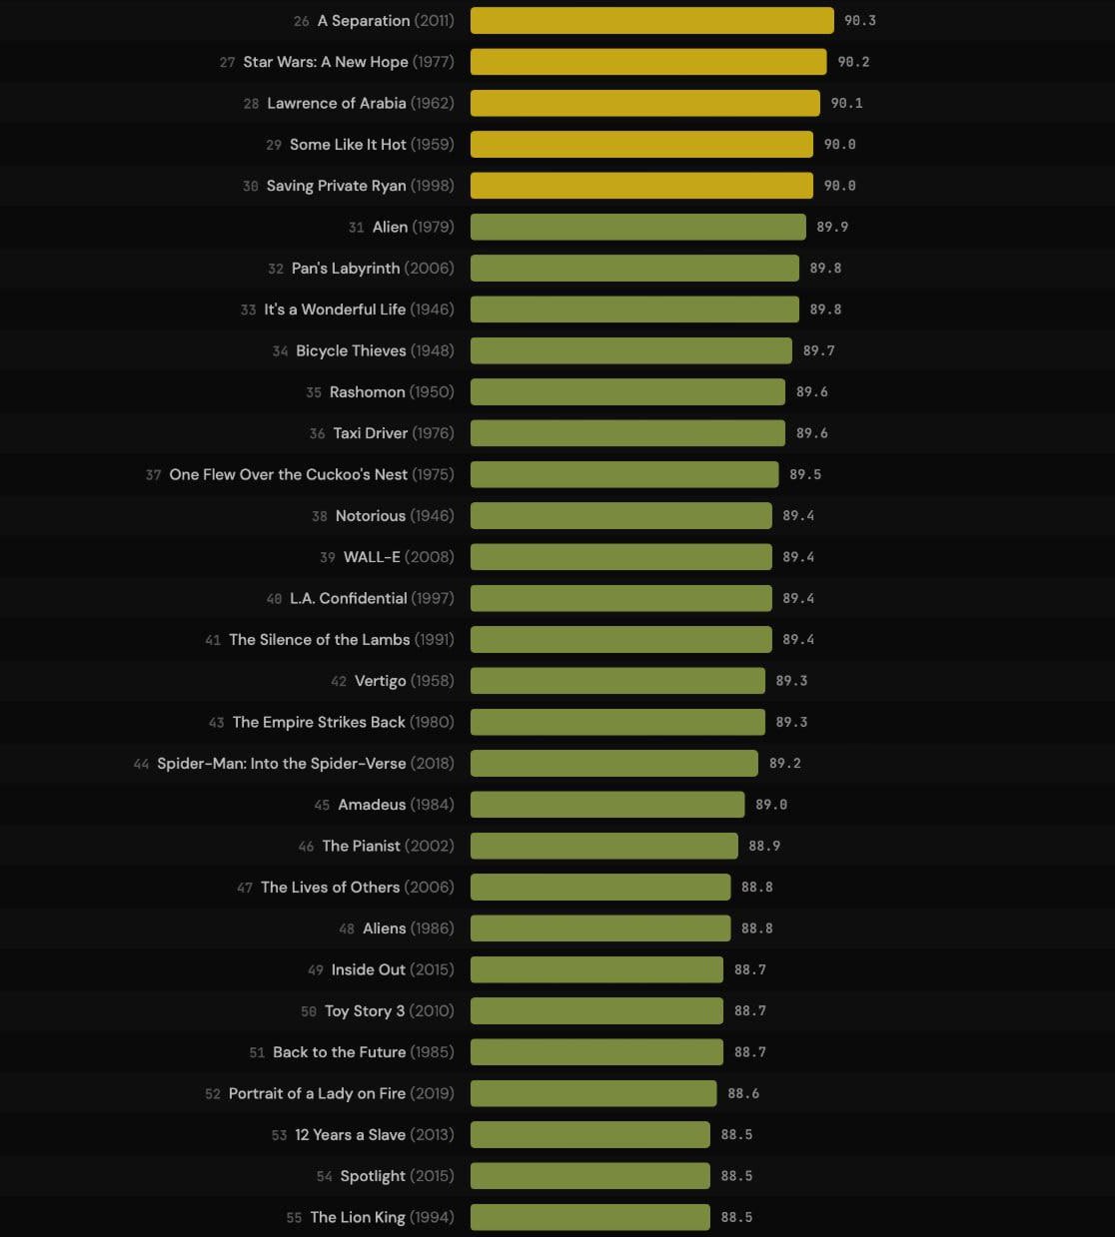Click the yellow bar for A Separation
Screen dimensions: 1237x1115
click(651, 21)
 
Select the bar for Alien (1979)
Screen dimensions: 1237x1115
click(637, 228)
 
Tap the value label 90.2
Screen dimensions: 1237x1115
click(853, 62)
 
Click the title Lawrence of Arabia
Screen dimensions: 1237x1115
click(336, 104)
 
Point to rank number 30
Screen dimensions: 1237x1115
click(251, 187)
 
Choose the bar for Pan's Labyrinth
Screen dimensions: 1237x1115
click(634, 269)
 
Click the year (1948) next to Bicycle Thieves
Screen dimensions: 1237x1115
click(432, 351)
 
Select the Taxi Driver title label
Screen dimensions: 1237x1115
click(370, 433)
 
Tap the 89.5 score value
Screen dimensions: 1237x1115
click(805, 475)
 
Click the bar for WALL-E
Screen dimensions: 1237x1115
click(620, 557)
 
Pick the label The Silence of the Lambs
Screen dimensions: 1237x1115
click(319, 640)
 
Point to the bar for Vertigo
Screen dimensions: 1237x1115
click(617, 681)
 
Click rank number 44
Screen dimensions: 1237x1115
click(141, 765)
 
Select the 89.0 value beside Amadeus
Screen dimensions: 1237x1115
click(771, 805)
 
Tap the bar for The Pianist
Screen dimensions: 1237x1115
click(603, 846)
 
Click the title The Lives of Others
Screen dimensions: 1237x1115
click(330, 888)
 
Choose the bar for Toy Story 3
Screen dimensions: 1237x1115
click(596, 1011)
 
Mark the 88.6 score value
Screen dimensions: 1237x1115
click(743, 1094)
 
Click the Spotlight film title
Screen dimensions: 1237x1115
click(373, 1176)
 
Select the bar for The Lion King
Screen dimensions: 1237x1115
click(589, 1217)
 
